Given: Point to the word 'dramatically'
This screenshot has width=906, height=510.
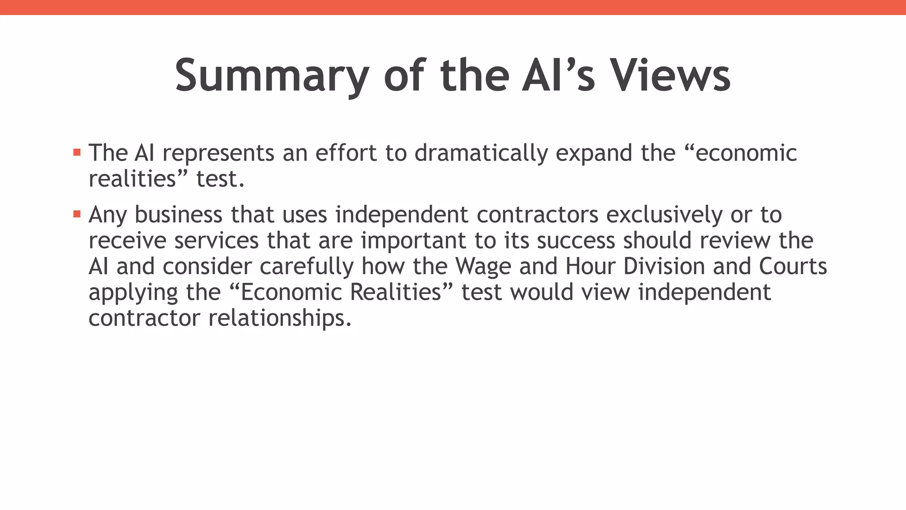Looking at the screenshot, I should point(481,153).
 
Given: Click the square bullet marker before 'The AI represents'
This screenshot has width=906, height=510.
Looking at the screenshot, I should point(77,153).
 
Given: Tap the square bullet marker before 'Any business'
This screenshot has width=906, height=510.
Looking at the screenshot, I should point(77,214).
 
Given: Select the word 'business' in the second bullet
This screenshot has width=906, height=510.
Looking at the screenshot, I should point(178,215).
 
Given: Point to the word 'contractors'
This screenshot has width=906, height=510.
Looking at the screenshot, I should point(537,215).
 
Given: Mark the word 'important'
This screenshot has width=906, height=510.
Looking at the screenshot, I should point(414,240).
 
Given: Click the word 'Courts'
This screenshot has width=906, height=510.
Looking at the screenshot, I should point(793,267).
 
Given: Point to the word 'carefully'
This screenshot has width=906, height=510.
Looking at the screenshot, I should point(307,267).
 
